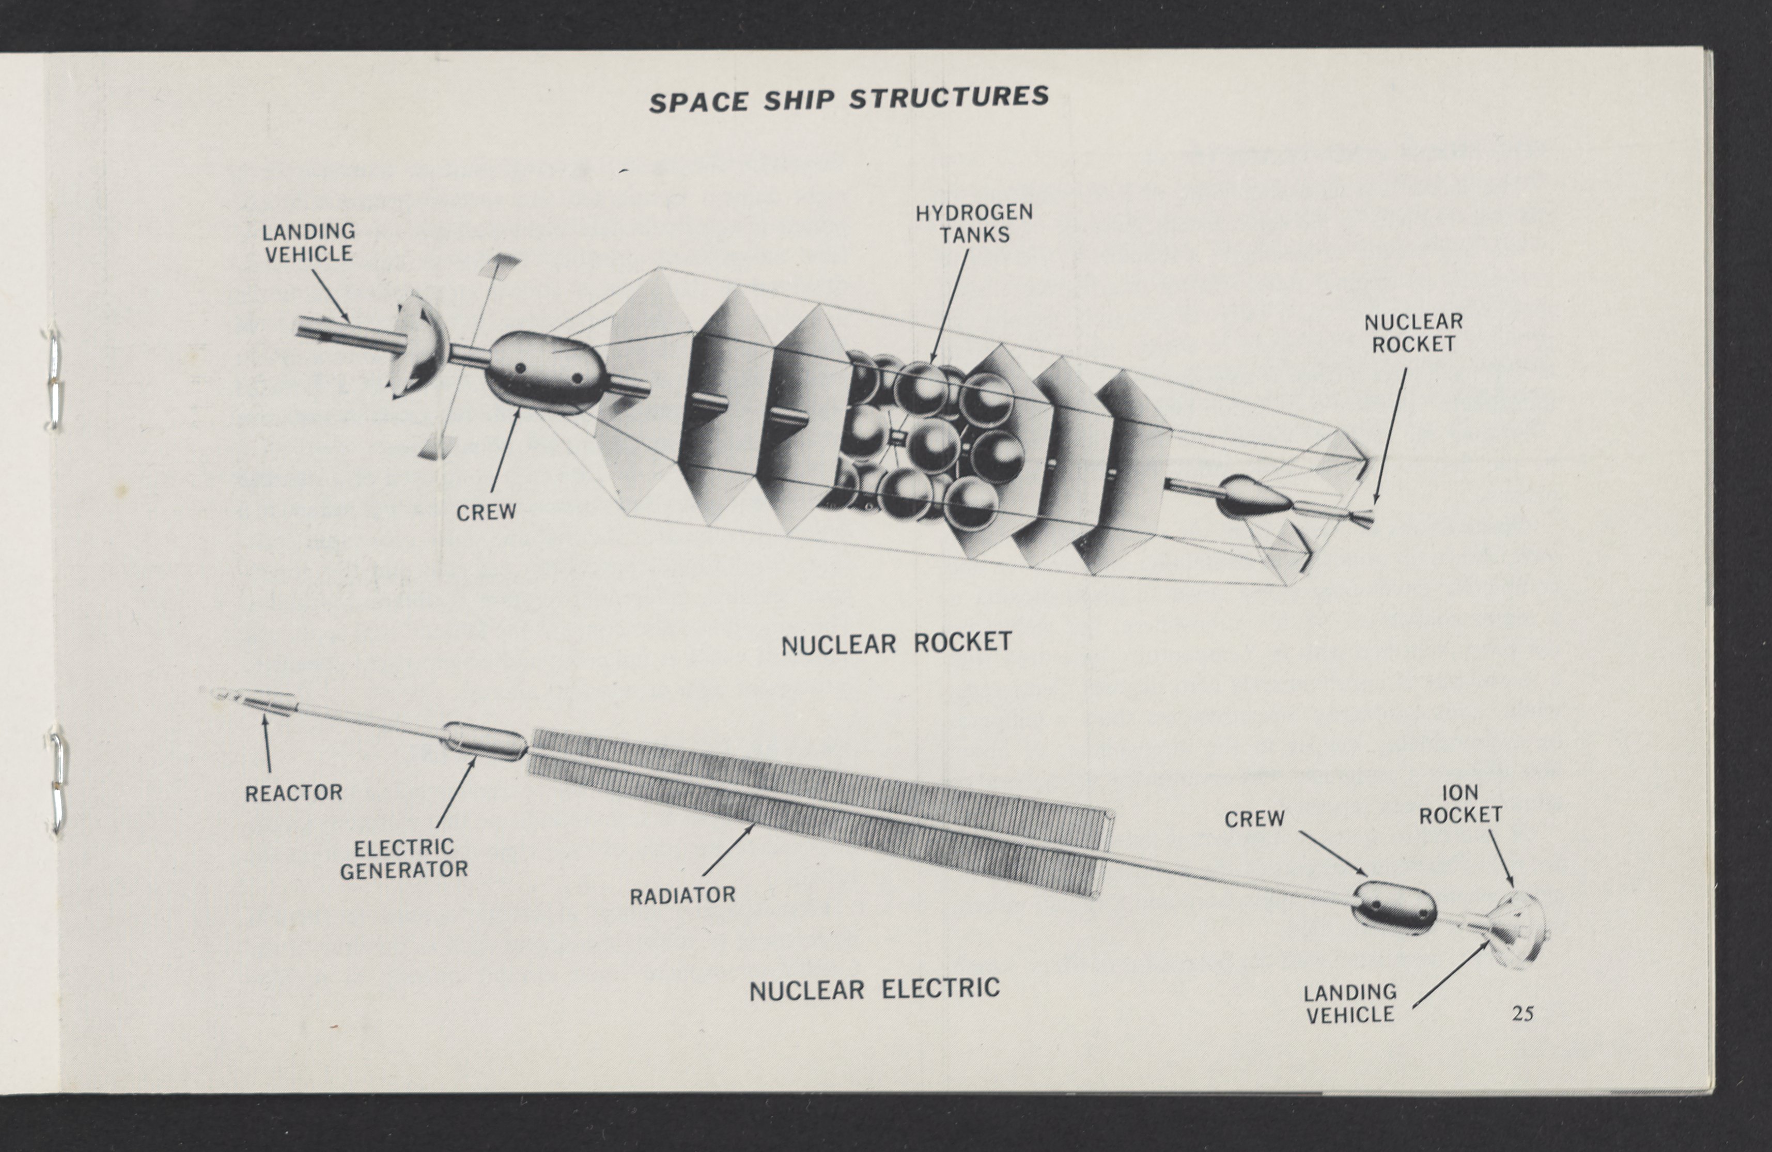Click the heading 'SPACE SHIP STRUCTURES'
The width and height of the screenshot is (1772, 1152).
pyautogui.click(x=848, y=99)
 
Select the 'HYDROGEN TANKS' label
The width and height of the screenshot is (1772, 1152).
pyautogui.click(x=974, y=223)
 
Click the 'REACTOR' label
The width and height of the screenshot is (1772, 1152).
pyautogui.click(x=293, y=793)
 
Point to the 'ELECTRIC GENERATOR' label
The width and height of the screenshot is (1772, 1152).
pyautogui.click(x=403, y=859)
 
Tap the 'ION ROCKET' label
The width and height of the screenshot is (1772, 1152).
pyautogui.click(x=1460, y=804)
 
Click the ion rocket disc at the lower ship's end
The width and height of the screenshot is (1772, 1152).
pyautogui.click(x=1519, y=931)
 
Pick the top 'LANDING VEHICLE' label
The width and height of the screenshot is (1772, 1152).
pyautogui.click(x=308, y=243)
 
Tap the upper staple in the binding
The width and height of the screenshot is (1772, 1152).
pyautogui.click(x=54, y=380)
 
